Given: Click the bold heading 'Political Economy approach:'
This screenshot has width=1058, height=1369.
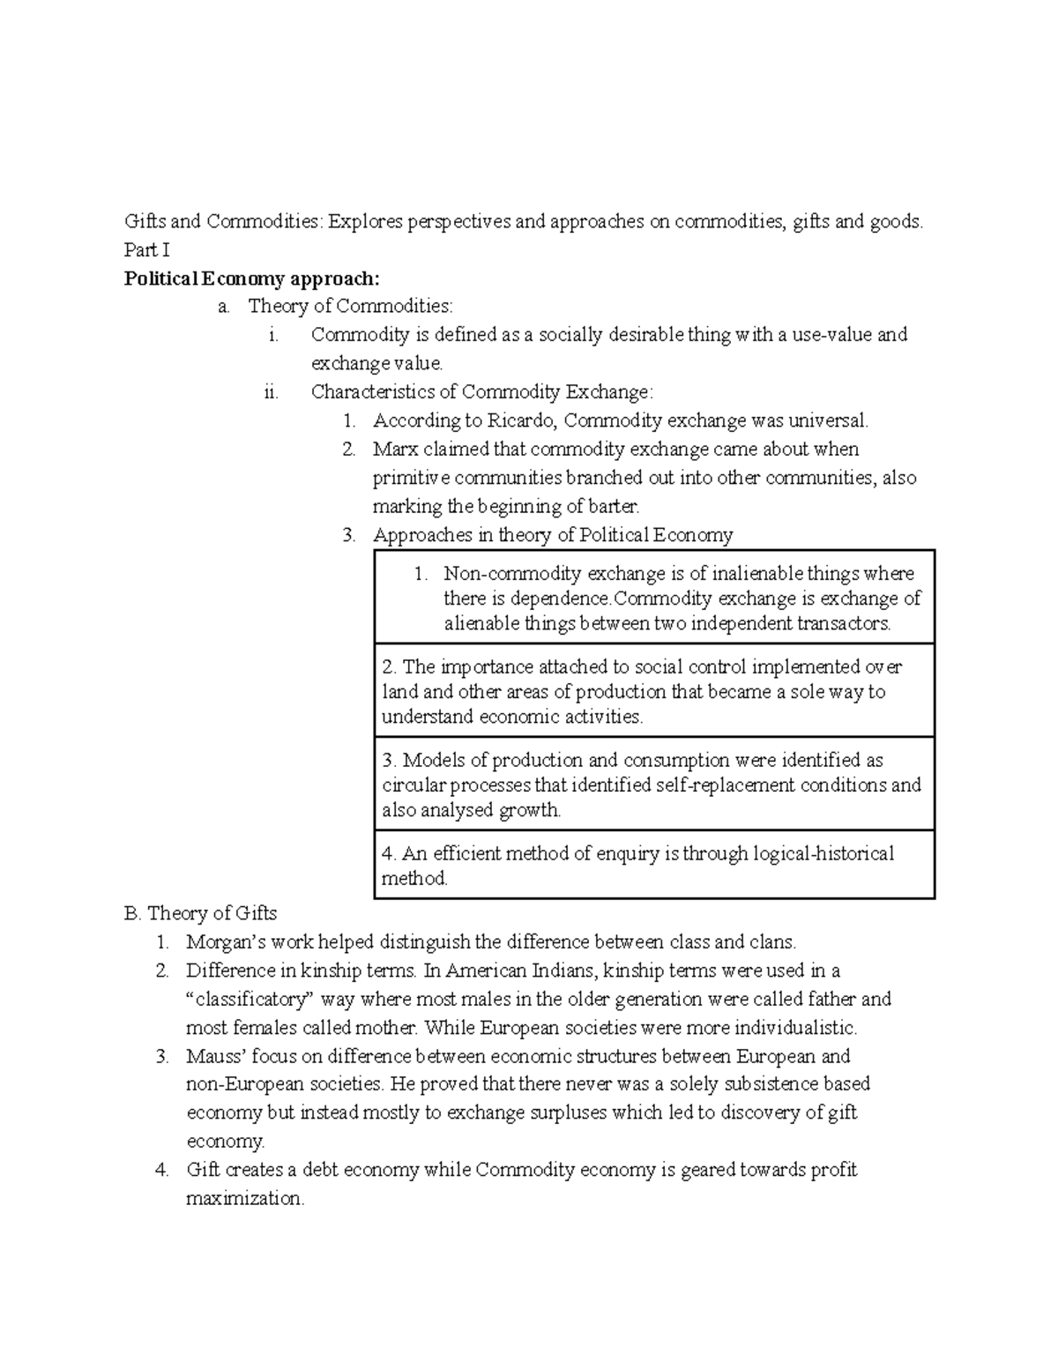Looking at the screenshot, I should (x=252, y=279).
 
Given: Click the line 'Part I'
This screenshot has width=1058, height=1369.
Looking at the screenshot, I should (x=146, y=250).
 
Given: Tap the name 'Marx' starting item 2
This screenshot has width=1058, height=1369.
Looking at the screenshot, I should (x=395, y=450).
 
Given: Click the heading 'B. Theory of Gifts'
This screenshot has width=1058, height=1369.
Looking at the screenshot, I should (x=201, y=913).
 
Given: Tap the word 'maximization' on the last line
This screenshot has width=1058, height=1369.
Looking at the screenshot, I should (x=244, y=1199).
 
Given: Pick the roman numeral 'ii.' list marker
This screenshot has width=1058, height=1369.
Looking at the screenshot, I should (x=271, y=392).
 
